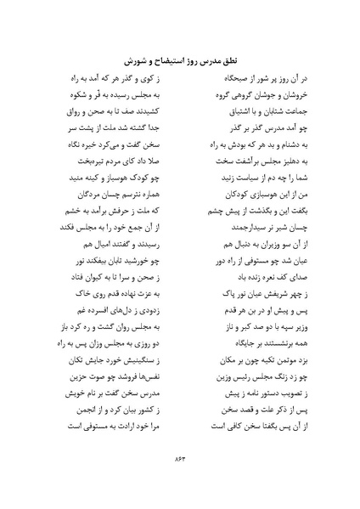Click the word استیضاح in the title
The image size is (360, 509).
165,59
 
